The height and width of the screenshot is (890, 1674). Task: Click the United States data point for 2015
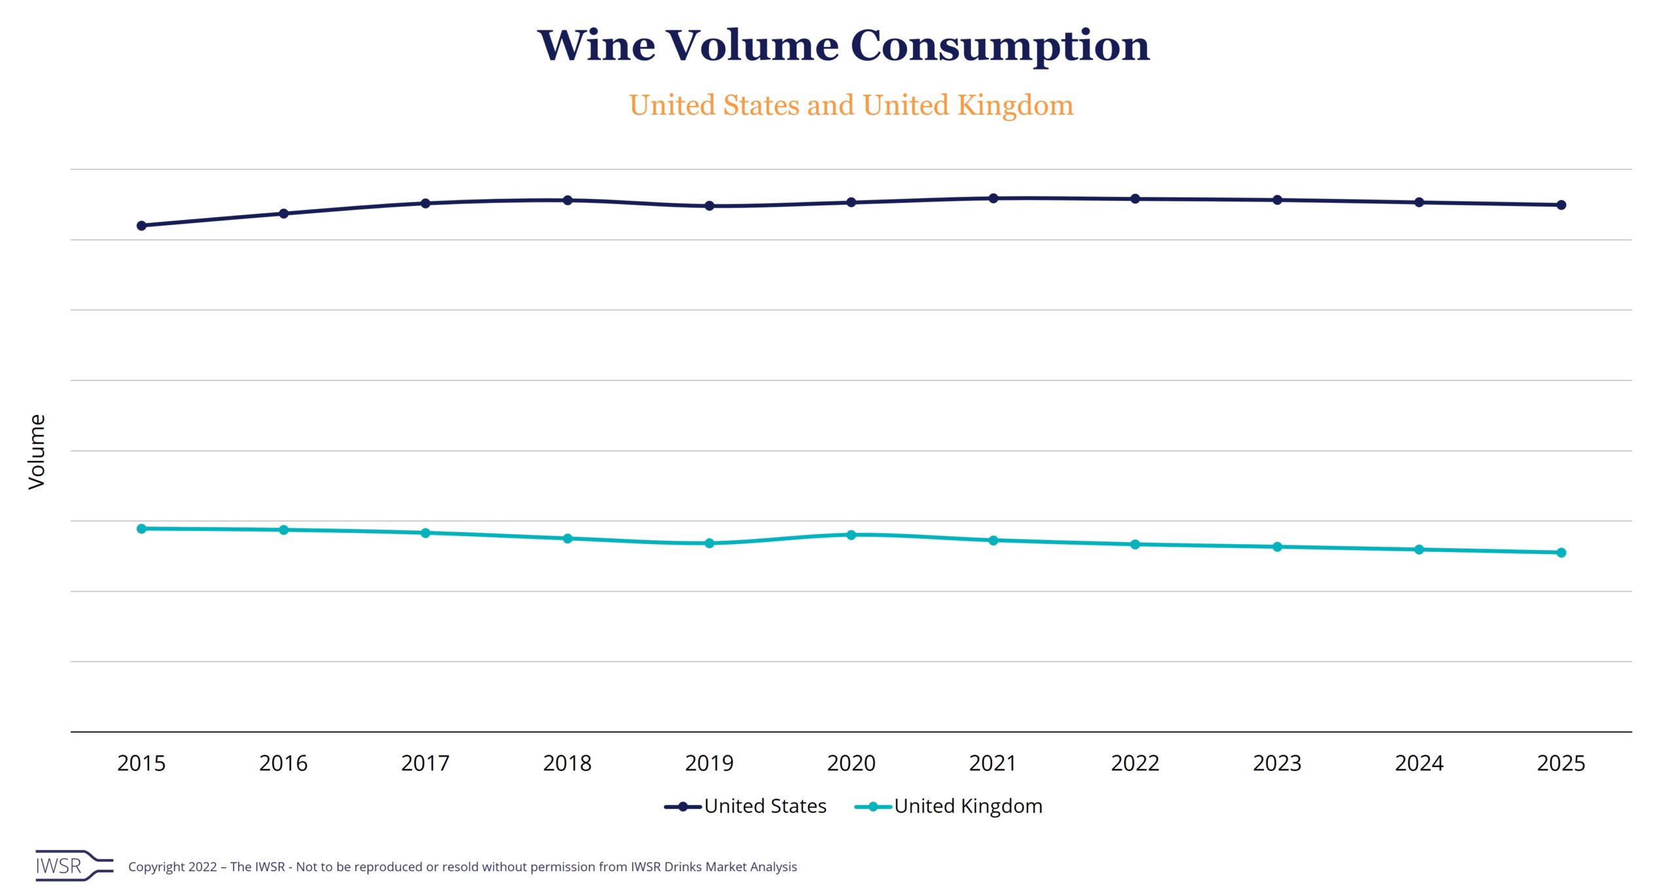click(x=141, y=226)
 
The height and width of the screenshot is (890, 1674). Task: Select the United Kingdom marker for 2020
click(x=851, y=535)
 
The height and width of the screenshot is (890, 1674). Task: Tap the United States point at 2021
click(x=993, y=198)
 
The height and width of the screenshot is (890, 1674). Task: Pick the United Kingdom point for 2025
click(x=1561, y=553)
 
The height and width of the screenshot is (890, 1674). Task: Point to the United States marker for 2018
click(x=568, y=200)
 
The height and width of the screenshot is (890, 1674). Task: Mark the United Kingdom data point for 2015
click(x=141, y=528)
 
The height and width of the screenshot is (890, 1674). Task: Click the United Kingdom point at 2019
click(x=709, y=543)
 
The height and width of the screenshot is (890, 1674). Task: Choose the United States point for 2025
click(x=1561, y=205)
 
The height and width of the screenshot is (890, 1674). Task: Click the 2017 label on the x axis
click(x=425, y=763)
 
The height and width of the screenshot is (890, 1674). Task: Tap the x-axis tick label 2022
click(x=1135, y=763)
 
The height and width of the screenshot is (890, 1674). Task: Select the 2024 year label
click(x=1419, y=763)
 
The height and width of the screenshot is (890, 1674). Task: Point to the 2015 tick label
click(x=141, y=763)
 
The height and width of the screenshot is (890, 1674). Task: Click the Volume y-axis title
click(x=37, y=451)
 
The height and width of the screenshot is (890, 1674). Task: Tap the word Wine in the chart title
click(x=596, y=46)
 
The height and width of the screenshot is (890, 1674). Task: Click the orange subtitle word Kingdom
click(x=1015, y=105)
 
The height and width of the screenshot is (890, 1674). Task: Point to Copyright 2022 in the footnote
click(x=173, y=867)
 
